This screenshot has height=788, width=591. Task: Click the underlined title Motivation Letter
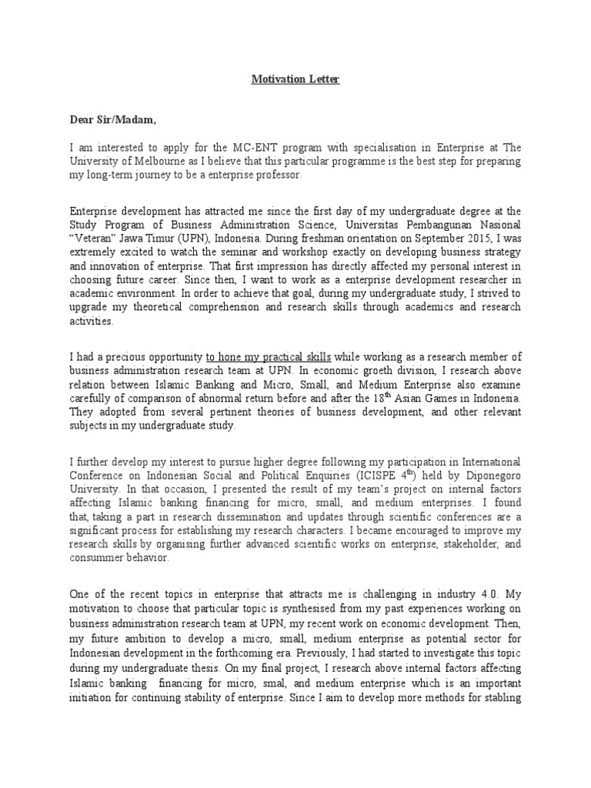[x=295, y=79]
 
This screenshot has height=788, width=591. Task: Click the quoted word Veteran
[x=95, y=238]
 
